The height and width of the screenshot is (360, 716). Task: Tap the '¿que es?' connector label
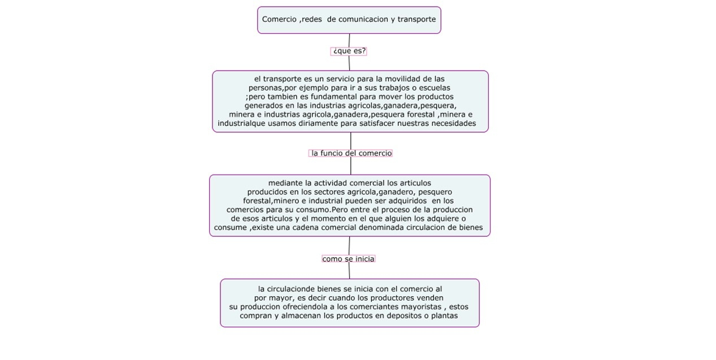tap(349, 51)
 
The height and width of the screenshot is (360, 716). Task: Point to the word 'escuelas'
tap(435, 88)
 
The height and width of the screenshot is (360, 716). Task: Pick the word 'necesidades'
tap(452, 123)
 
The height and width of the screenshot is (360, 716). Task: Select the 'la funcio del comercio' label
tap(351, 153)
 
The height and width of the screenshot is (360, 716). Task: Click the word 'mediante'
tap(285, 183)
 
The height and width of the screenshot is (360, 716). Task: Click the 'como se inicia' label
tap(348, 259)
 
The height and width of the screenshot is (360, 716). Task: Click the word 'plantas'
tap(444, 316)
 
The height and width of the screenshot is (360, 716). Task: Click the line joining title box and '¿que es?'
tap(349, 40)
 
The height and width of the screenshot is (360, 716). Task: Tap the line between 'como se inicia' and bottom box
tap(349, 271)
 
